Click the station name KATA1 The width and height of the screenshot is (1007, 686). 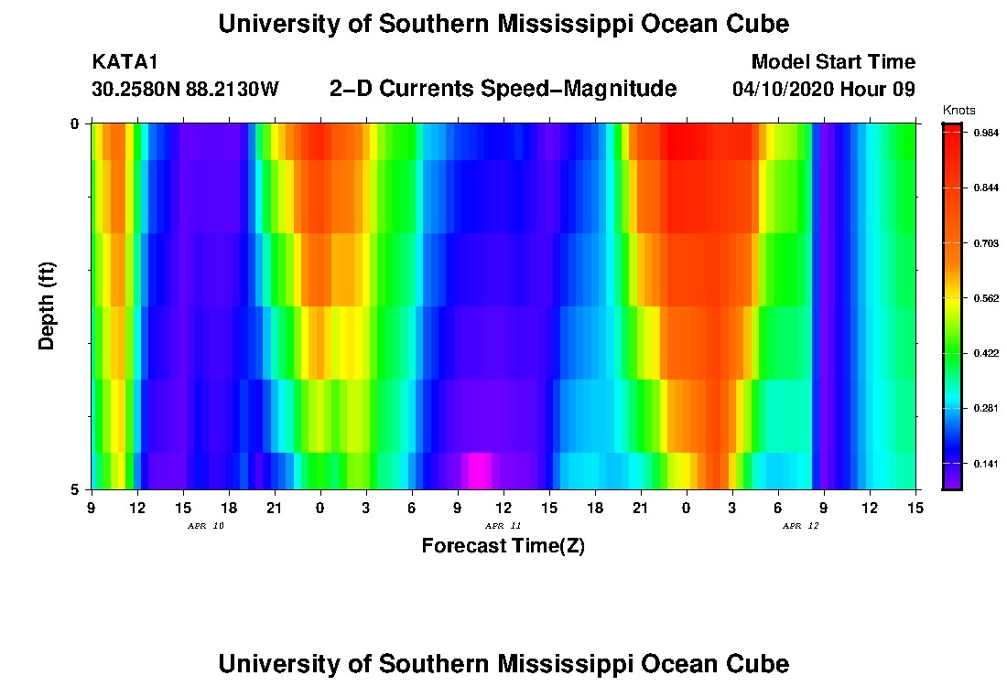[x=125, y=62]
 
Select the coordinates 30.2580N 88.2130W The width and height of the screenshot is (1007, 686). [x=185, y=90]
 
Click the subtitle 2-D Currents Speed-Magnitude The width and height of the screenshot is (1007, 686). [x=503, y=89]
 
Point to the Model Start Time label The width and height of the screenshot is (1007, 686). [x=832, y=62]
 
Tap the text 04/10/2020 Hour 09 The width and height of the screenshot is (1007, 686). [x=824, y=90]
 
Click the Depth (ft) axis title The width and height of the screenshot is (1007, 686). [x=48, y=305]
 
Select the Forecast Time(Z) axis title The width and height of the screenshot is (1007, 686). [x=503, y=547]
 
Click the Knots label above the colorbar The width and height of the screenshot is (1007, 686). [x=959, y=111]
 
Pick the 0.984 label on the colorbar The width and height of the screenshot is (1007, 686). [x=985, y=133]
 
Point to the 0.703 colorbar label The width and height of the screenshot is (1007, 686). [x=985, y=243]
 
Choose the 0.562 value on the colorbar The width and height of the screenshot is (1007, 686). [x=985, y=298]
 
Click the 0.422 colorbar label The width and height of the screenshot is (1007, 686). [x=985, y=353]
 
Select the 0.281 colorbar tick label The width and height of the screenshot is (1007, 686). [x=985, y=408]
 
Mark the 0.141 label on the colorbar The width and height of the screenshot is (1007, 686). [x=985, y=464]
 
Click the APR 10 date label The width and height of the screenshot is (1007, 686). [x=205, y=526]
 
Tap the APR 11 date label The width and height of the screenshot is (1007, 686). [x=503, y=526]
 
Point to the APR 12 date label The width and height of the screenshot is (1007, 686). [x=800, y=526]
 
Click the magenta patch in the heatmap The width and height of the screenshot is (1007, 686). [x=480, y=471]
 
